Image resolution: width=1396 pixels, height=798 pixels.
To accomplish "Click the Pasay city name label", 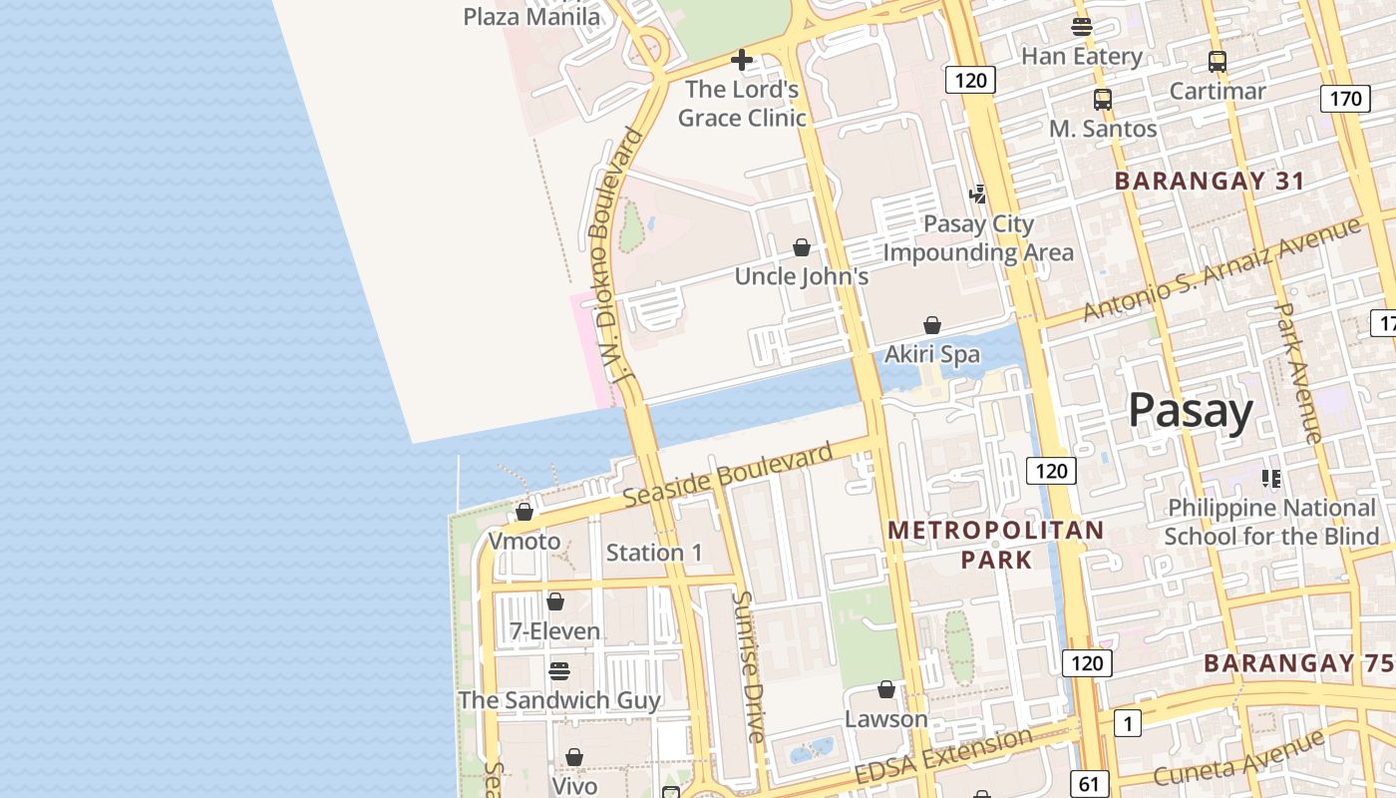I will (x=1191, y=411).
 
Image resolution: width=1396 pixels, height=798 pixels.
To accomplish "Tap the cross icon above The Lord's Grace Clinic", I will (x=742, y=61).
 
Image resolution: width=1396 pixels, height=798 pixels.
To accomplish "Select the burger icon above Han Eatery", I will (x=1082, y=27).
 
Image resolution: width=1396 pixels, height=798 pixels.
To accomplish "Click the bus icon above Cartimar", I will (x=1217, y=62).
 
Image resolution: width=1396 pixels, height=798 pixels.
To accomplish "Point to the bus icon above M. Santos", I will (x=1102, y=100).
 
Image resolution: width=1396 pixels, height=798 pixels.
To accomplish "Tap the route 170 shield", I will (x=1345, y=99).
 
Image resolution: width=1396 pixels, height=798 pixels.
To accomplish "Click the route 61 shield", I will (x=1088, y=783).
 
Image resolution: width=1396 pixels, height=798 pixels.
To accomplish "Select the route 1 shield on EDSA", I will (x=1127, y=723).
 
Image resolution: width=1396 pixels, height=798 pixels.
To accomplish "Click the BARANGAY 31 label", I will (x=1210, y=181).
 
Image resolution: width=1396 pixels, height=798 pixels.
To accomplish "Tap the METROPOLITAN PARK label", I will (x=996, y=545).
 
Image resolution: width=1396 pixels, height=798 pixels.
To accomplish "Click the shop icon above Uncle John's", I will (x=802, y=247).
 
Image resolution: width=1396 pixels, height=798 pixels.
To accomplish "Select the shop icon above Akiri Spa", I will (x=932, y=325).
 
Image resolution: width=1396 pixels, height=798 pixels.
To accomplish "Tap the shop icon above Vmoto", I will (x=524, y=512).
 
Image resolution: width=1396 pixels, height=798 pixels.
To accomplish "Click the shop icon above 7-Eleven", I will (x=555, y=601).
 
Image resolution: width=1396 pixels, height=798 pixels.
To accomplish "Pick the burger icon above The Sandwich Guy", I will (x=559, y=670).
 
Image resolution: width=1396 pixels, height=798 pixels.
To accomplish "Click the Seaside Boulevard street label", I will (x=727, y=475).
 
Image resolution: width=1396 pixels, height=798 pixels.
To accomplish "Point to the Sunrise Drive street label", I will (x=748, y=666).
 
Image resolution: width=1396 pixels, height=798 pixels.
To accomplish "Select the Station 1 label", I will (x=654, y=553).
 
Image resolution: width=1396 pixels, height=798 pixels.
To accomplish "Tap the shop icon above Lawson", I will (x=886, y=689).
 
